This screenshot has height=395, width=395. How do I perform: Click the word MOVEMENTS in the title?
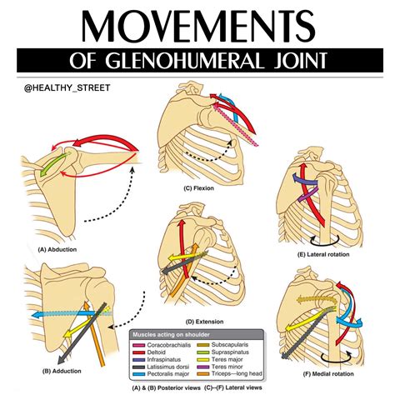(x=197, y=29)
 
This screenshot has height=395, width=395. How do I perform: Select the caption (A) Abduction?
(x=60, y=247)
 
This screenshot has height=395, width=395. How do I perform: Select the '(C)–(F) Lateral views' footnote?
(x=237, y=385)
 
